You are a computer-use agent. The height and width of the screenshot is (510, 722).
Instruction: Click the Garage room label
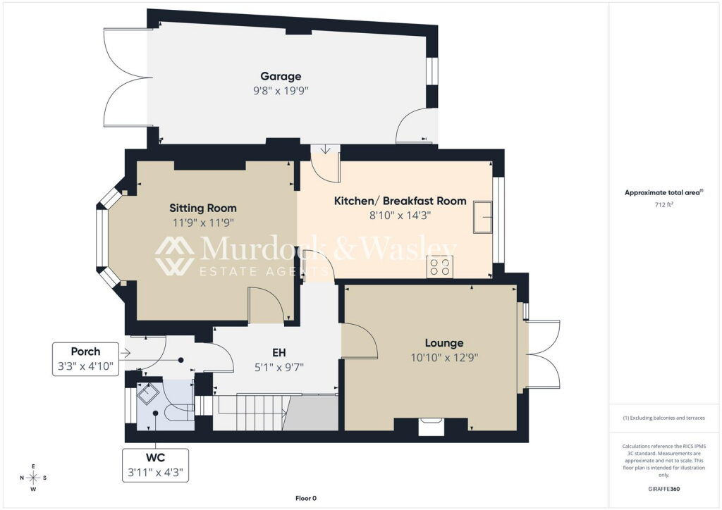coord(281,76)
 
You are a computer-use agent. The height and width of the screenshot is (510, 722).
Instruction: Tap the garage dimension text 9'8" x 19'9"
coord(281,91)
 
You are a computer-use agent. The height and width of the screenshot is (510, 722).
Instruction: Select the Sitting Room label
coord(203,209)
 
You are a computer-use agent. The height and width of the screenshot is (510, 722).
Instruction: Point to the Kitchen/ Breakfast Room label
coord(400,201)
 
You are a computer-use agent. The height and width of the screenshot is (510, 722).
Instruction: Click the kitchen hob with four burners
coord(439,267)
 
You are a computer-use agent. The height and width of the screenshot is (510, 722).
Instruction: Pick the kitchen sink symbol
coord(483,216)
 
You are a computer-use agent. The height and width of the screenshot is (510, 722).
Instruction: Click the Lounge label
coord(444,343)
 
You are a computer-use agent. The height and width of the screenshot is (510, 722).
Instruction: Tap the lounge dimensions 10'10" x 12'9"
coord(444,358)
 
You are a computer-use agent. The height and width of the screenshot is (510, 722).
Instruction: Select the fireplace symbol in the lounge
coord(432,426)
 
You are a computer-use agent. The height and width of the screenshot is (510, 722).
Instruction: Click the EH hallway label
coord(279,353)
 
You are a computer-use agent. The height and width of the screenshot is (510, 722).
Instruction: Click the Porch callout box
coord(85,359)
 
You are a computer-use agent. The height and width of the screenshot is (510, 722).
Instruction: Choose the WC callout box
coord(156,466)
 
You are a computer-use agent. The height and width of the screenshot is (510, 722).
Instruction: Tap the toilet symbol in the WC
coord(180,413)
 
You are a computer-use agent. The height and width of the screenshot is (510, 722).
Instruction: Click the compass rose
coord(33,478)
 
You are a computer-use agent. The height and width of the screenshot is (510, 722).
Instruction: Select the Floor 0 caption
coord(306,498)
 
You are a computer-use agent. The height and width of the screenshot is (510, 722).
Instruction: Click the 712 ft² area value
coord(663,205)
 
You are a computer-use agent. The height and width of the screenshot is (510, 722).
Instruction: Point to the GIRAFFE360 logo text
coord(663,489)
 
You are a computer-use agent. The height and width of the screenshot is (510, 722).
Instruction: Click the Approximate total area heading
coord(663,193)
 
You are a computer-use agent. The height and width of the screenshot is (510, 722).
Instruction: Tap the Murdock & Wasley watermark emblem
coord(175,256)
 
